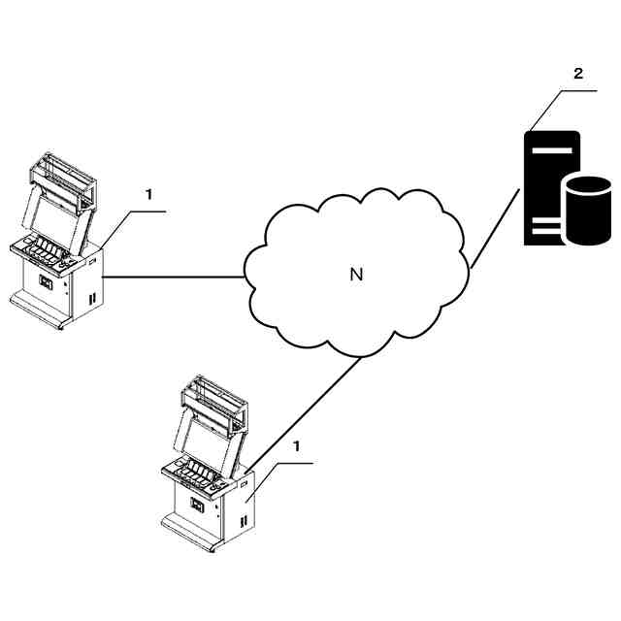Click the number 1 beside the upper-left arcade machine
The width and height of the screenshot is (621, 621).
coord(148,194)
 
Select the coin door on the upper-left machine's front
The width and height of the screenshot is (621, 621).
coord(45,282)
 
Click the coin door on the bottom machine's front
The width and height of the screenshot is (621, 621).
coord(196,505)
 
